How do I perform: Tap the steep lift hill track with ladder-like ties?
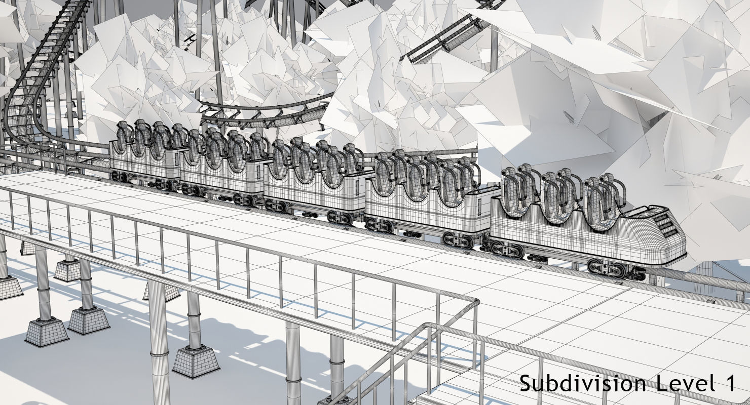pyautogui.click(x=46, y=61)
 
